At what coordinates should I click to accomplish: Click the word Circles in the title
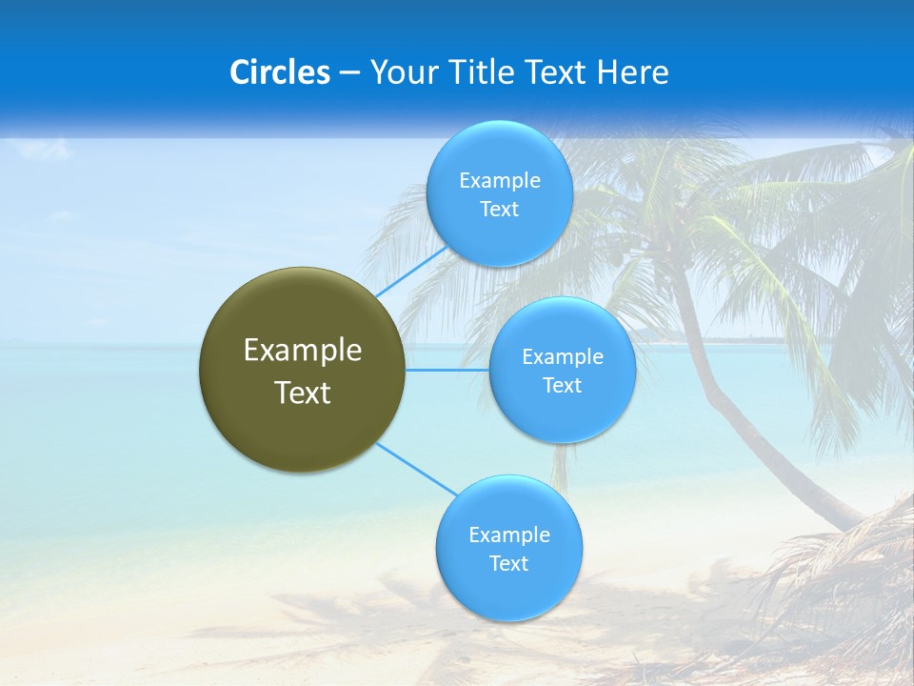coord(280,72)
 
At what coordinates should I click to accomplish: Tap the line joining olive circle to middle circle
coord(447,370)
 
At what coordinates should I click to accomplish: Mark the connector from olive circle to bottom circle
coord(415,468)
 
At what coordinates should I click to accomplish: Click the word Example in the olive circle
coord(303,351)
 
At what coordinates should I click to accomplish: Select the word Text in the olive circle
coord(303,393)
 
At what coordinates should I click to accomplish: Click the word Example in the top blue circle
coord(499,181)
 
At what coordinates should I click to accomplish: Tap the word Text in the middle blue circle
coord(563,386)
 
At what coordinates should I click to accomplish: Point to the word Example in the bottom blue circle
coord(508,535)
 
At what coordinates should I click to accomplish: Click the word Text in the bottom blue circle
coord(508,564)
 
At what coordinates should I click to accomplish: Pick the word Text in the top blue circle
coord(499,210)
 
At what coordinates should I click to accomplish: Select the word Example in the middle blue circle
coord(563,357)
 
